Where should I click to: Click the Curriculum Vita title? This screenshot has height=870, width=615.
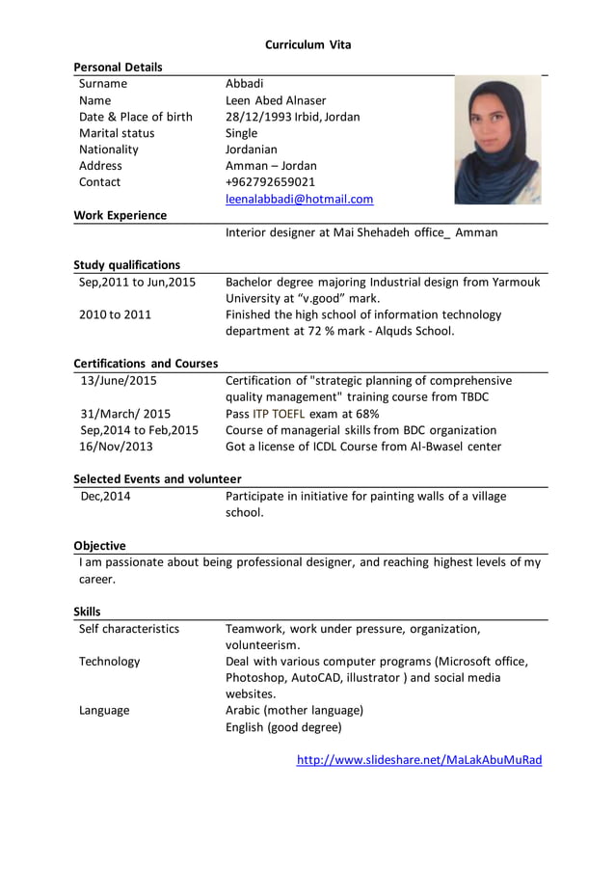coord(308,44)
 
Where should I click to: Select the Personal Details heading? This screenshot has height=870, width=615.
coord(118,67)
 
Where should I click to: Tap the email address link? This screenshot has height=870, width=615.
coord(299,199)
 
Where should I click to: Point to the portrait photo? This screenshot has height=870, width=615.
coord(496,140)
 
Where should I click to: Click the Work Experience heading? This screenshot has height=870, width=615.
coord(120,215)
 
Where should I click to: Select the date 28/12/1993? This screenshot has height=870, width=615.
coord(257,117)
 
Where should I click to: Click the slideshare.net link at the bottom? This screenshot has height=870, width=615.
coord(419,759)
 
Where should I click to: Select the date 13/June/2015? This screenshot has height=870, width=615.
coord(118,380)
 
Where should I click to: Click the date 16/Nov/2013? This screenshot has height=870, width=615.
coord(116,447)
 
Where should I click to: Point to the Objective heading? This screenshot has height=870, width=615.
coord(99,545)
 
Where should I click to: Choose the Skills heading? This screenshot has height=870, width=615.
coord(87,612)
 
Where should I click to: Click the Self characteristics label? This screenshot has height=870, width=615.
coord(129,629)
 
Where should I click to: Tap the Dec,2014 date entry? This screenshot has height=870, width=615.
coord(105,496)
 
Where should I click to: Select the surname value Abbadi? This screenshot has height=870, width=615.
coord(244,84)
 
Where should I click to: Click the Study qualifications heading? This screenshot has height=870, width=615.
coord(126,264)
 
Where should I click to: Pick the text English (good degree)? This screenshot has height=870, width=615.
coord(283,726)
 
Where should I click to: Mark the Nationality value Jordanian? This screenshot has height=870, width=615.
coord(251,150)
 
